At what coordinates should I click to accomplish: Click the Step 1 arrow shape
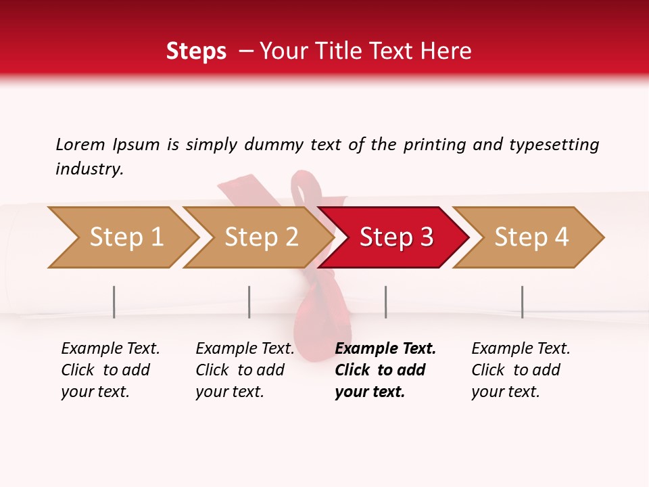coord(126,237)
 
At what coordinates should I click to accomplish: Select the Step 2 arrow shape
coord(261,237)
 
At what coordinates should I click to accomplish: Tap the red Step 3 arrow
coord(396,237)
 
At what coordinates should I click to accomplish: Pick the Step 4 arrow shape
coord(531,237)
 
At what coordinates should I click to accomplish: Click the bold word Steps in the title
coord(196,51)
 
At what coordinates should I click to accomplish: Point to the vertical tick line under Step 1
coord(114,302)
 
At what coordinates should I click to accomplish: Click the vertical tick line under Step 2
coord(249,302)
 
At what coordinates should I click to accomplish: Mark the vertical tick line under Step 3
coord(385,302)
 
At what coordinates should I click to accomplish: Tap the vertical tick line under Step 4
coord(522,302)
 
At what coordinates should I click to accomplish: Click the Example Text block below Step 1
coord(110,370)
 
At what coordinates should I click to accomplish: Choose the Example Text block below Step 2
coord(245,370)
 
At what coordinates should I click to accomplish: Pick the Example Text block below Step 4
coord(521,370)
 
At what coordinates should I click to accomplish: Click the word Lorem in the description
coord(80,144)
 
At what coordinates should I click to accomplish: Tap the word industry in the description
coord(89,169)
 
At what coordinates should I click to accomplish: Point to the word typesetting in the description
coord(554,145)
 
